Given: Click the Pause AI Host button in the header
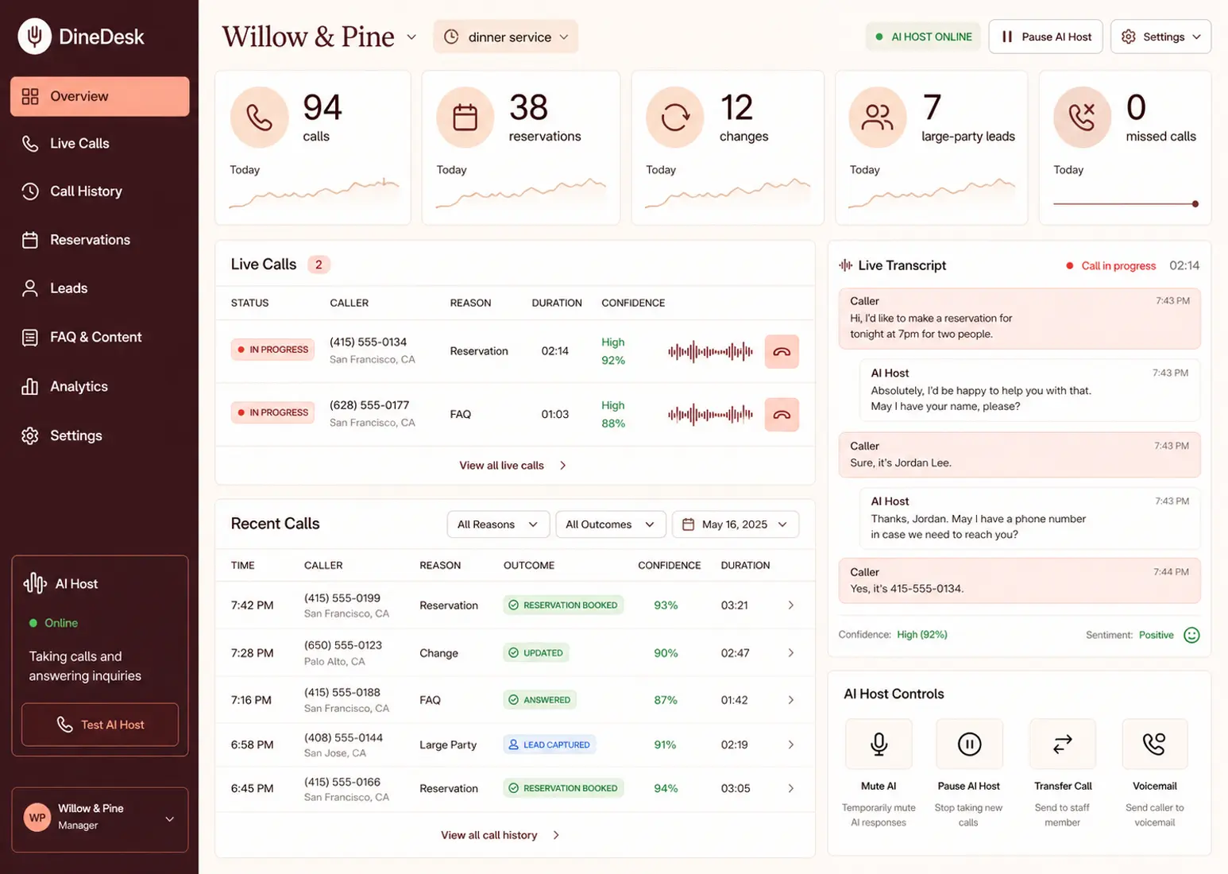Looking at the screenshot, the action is point(1045,37).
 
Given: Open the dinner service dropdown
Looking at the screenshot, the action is point(505,37).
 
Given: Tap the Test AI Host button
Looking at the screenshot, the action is point(100,725).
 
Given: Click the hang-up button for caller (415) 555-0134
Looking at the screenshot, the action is point(782,351).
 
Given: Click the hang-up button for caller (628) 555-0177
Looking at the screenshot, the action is point(782,415).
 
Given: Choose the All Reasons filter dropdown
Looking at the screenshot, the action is point(498,524).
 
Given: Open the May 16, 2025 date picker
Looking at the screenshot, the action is point(736,524).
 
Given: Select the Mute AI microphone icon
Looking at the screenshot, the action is point(879,744).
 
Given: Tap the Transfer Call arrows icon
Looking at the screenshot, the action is point(1063,744).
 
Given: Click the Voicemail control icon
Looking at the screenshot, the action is point(1155,744).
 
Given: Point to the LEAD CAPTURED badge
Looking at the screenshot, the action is point(550,744).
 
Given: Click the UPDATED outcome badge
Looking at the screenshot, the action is point(535,652).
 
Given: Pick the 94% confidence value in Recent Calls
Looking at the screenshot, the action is point(666,788).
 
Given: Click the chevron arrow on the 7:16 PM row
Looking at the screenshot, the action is point(790,700).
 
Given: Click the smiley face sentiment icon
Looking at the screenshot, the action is point(1191,635).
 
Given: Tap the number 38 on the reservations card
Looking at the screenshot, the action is point(528,107).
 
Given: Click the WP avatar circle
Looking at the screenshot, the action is point(37,818).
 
